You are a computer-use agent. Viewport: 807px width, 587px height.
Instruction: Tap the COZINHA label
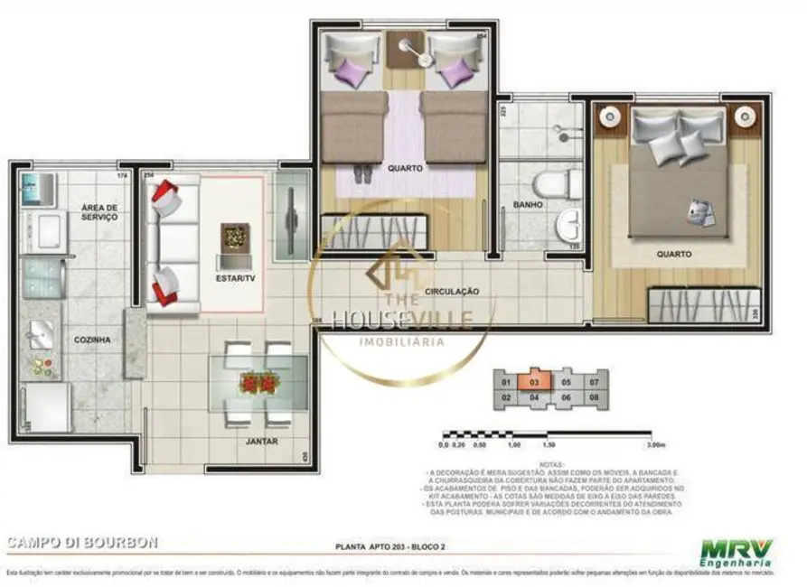[x=93, y=340]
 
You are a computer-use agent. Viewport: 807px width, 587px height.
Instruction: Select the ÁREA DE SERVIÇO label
[x=99, y=212]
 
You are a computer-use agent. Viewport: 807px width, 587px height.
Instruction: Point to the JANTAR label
[x=261, y=442]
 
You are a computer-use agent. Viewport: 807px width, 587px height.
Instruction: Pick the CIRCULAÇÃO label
[x=452, y=291]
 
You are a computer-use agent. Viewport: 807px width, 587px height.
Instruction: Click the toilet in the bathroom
[x=556, y=184]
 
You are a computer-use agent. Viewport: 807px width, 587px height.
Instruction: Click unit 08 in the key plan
[x=594, y=397]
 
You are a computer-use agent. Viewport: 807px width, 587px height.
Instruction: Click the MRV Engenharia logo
[x=737, y=552]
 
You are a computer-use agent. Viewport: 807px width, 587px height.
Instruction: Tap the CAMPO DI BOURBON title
[x=82, y=543]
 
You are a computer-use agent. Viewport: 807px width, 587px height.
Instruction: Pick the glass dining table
[x=258, y=384]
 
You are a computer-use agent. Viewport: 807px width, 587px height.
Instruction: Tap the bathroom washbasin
[x=569, y=224]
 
